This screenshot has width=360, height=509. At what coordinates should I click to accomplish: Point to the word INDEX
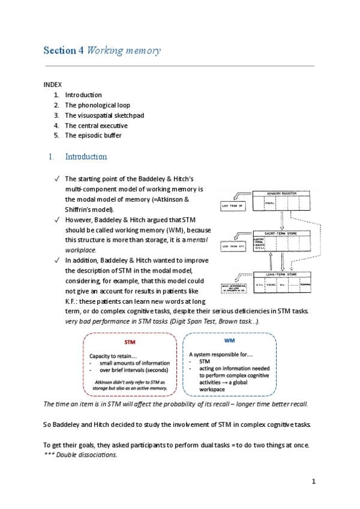[x=53, y=85]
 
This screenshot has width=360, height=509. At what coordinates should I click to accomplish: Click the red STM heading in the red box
[x=130, y=342]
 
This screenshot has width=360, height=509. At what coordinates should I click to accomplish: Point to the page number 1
[x=313, y=481]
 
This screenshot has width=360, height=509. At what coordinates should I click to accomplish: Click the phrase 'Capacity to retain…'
[x=112, y=355]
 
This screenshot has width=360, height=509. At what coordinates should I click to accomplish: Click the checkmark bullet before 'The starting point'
[x=55, y=178]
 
